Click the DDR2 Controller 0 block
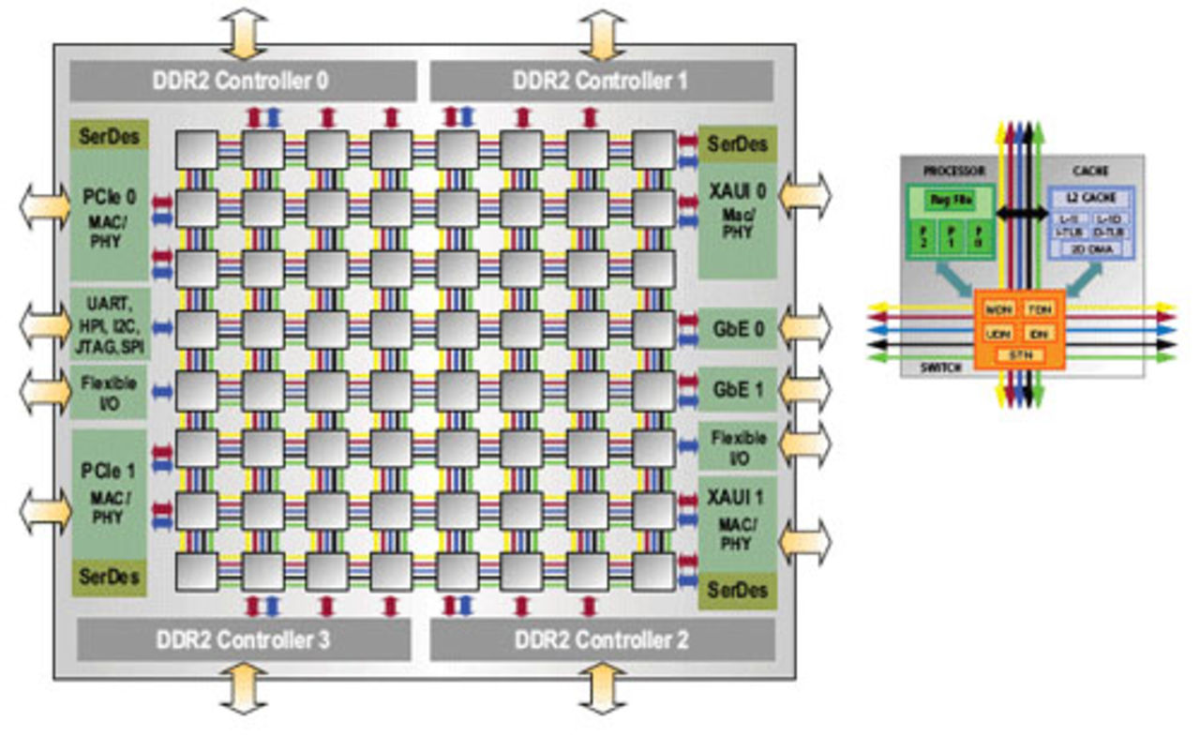click(x=241, y=81)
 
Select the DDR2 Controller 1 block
click(x=601, y=81)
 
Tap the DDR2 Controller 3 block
click(x=243, y=640)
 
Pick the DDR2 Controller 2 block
click(x=602, y=640)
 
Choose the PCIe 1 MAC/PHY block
click(x=110, y=492)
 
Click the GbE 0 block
click(x=737, y=329)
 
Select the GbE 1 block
click(x=737, y=388)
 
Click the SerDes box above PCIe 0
click(x=110, y=136)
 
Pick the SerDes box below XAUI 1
click(x=737, y=590)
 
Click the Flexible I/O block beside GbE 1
click(x=737, y=445)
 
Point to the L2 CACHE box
click(x=1090, y=199)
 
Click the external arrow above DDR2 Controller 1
click(x=601, y=35)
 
